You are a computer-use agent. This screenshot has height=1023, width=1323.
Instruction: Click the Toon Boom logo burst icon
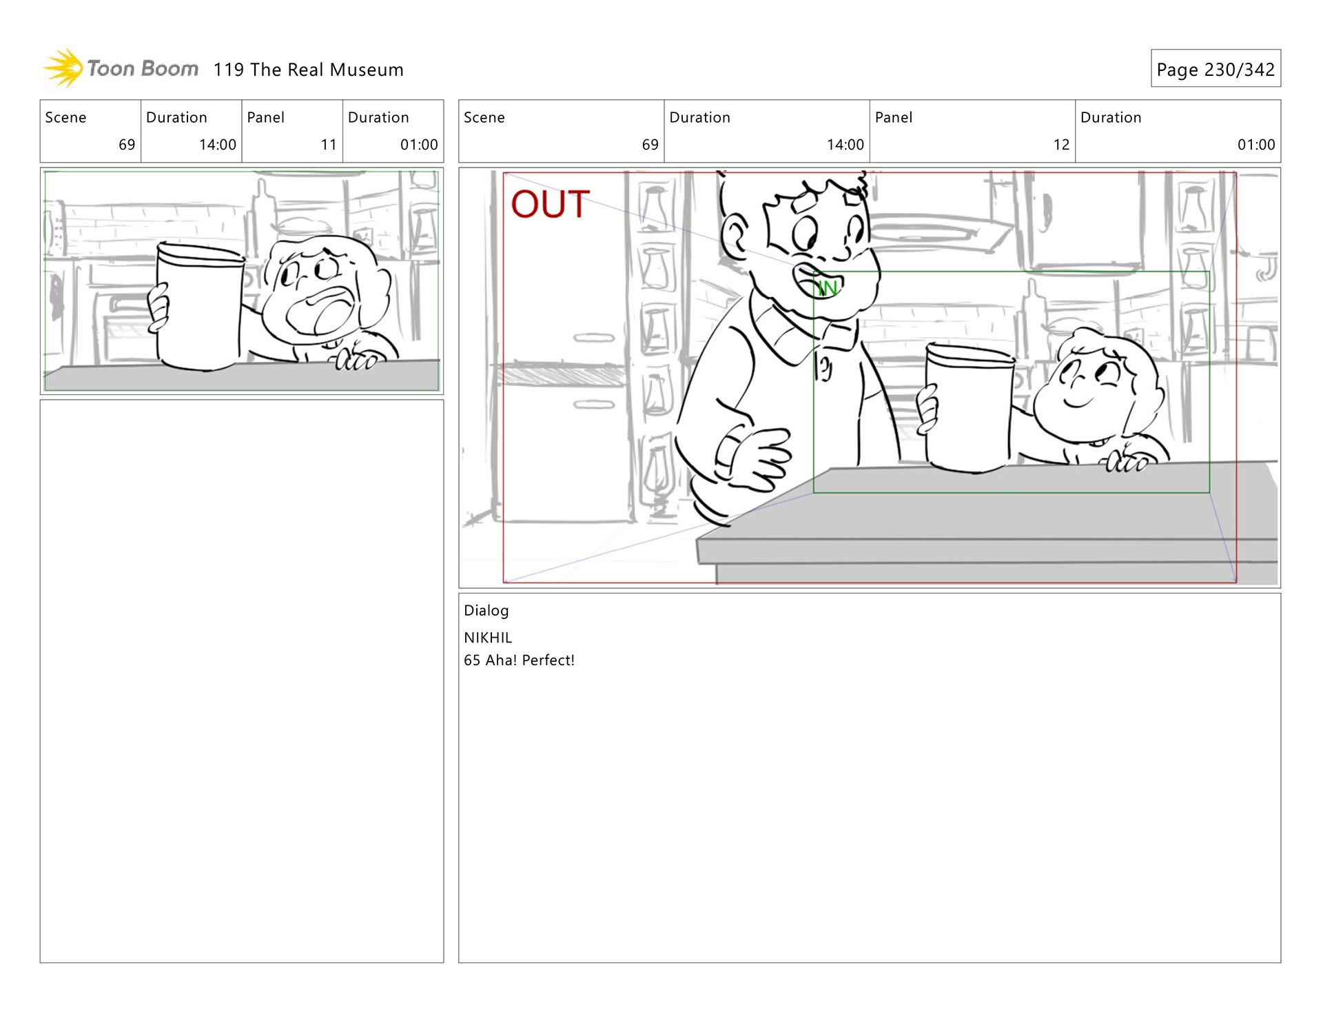click(x=63, y=68)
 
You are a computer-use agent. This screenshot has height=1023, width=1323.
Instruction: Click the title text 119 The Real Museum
click(x=308, y=70)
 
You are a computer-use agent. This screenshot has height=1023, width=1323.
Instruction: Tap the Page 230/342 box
click(x=1216, y=68)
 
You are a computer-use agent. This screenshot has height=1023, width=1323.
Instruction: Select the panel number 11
click(x=329, y=145)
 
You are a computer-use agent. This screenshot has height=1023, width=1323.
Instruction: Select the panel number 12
click(x=1061, y=145)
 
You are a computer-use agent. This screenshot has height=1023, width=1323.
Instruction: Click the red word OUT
click(x=550, y=204)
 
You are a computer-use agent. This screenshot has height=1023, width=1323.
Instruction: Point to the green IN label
click(x=827, y=287)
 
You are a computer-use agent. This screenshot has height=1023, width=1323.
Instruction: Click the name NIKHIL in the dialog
click(x=488, y=638)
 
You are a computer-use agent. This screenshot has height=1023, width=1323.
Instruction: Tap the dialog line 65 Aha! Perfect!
click(x=519, y=660)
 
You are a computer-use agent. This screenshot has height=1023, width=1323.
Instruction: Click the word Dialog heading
click(x=486, y=611)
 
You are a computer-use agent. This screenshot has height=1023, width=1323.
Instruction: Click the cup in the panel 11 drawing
click(x=200, y=307)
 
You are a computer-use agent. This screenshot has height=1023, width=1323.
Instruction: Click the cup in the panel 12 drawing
click(x=968, y=408)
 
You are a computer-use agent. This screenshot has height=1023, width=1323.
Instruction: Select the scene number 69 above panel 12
click(x=650, y=145)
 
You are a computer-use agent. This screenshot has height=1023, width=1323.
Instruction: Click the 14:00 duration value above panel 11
click(x=218, y=145)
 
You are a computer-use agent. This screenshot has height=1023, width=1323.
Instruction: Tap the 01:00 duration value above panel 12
click(x=1256, y=145)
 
